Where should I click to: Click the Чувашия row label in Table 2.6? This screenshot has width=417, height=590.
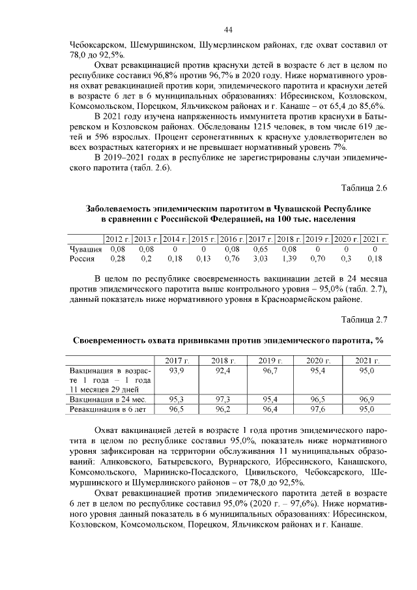tap(85, 249)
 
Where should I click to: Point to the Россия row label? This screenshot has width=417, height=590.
tap(83, 259)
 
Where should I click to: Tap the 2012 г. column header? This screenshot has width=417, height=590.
tap(118, 239)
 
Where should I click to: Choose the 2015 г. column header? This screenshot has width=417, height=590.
tap(203, 239)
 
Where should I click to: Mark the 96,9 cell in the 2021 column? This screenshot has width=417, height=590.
tap(366, 399)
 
